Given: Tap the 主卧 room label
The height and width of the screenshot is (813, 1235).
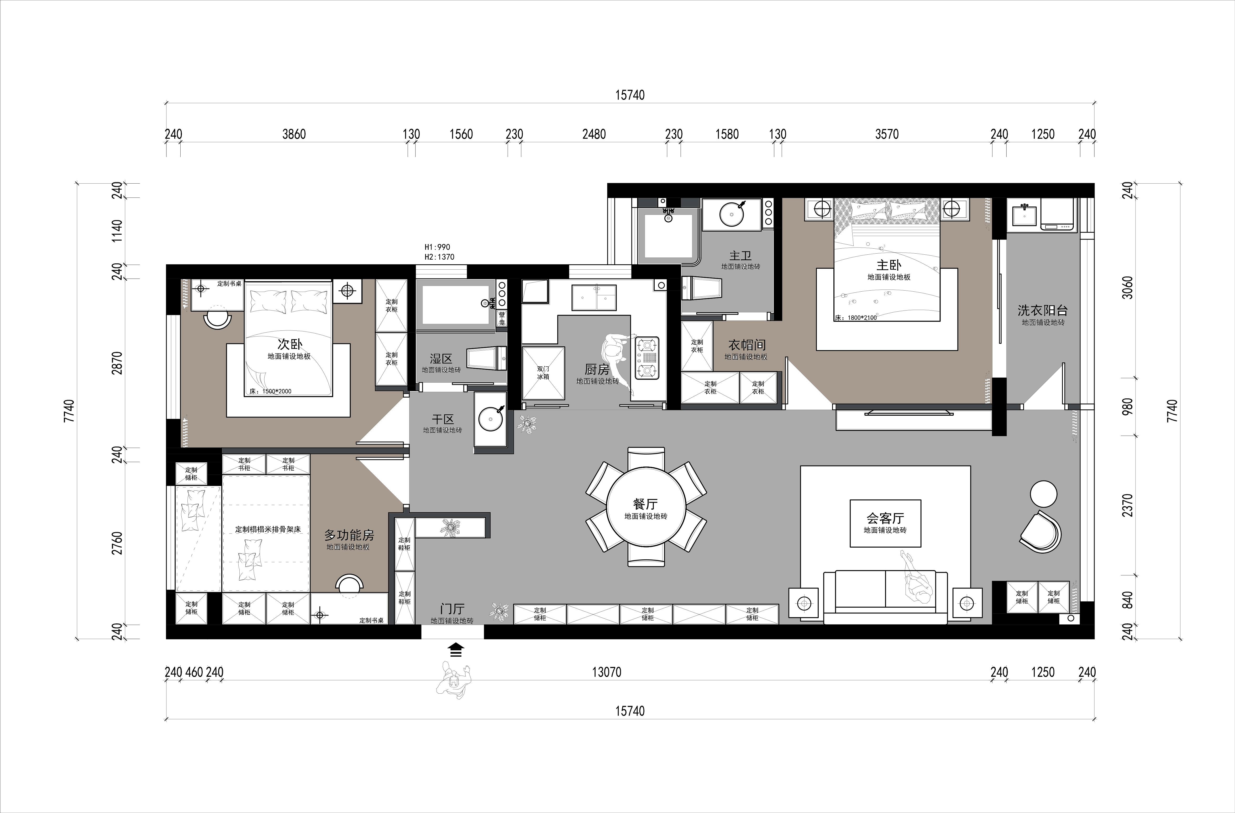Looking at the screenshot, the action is [x=889, y=265].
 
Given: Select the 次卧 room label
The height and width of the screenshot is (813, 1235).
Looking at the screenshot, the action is [x=290, y=344].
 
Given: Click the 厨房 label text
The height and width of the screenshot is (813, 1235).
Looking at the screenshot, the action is [x=597, y=369].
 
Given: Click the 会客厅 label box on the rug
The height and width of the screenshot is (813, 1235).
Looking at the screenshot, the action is [x=885, y=523].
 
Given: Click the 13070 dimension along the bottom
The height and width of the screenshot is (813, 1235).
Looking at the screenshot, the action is [x=607, y=672].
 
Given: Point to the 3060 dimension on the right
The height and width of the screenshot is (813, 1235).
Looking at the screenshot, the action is [x=1127, y=287].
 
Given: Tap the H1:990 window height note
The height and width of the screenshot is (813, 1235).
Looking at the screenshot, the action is [x=438, y=247].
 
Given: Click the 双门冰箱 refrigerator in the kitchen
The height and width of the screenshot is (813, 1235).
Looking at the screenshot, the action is [x=543, y=373].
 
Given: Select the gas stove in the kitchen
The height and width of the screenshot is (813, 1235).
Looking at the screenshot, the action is [x=647, y=358].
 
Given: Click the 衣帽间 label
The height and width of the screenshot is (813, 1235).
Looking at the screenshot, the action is [x=747, y=345].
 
